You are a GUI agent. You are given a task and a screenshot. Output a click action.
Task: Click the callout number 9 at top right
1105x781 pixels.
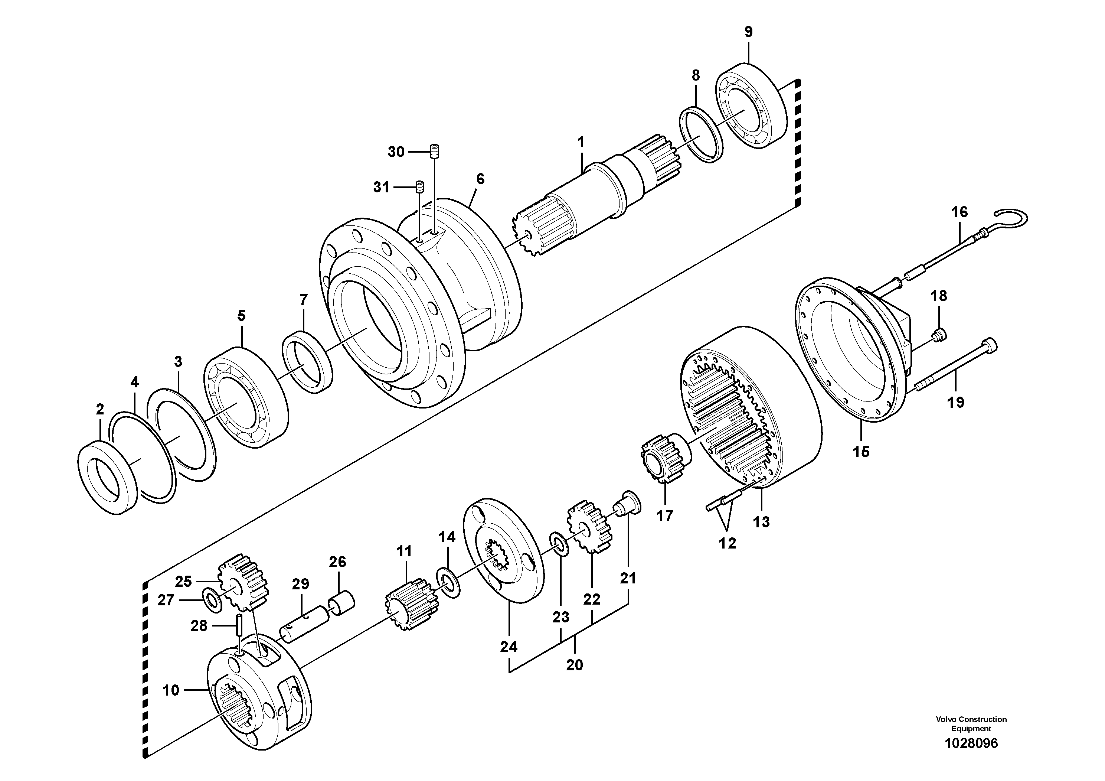[748, 32]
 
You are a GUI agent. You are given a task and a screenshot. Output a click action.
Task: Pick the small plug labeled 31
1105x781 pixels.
[420, 187]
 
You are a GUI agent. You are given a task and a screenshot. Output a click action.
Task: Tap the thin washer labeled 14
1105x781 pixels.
[448, 583]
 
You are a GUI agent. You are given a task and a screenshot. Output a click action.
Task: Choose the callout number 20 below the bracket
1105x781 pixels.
[574, 665]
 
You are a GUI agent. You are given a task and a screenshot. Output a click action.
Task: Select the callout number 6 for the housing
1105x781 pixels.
[480, 179]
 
